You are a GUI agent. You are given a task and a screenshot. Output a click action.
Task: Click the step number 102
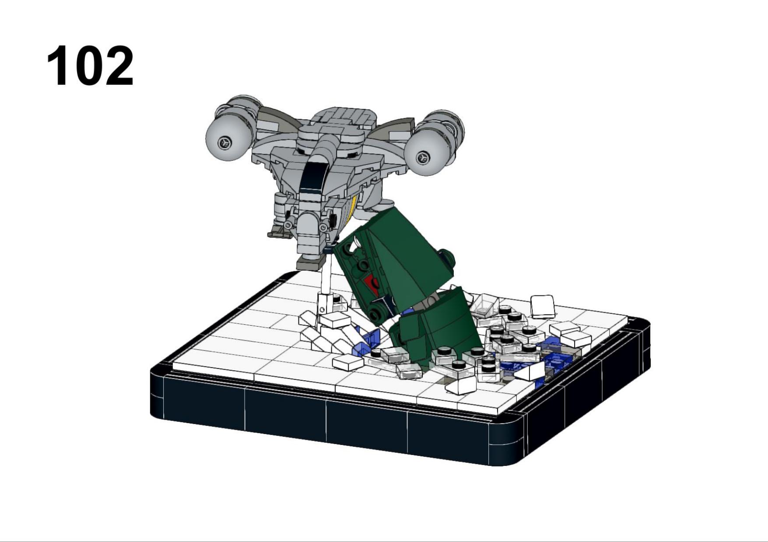90,66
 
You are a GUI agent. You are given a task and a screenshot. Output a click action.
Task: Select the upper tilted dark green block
394,258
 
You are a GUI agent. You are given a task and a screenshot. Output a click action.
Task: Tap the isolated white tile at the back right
543,306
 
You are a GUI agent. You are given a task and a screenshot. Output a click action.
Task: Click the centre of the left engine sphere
224,142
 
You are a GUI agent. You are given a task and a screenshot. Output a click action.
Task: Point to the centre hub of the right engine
422,158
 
